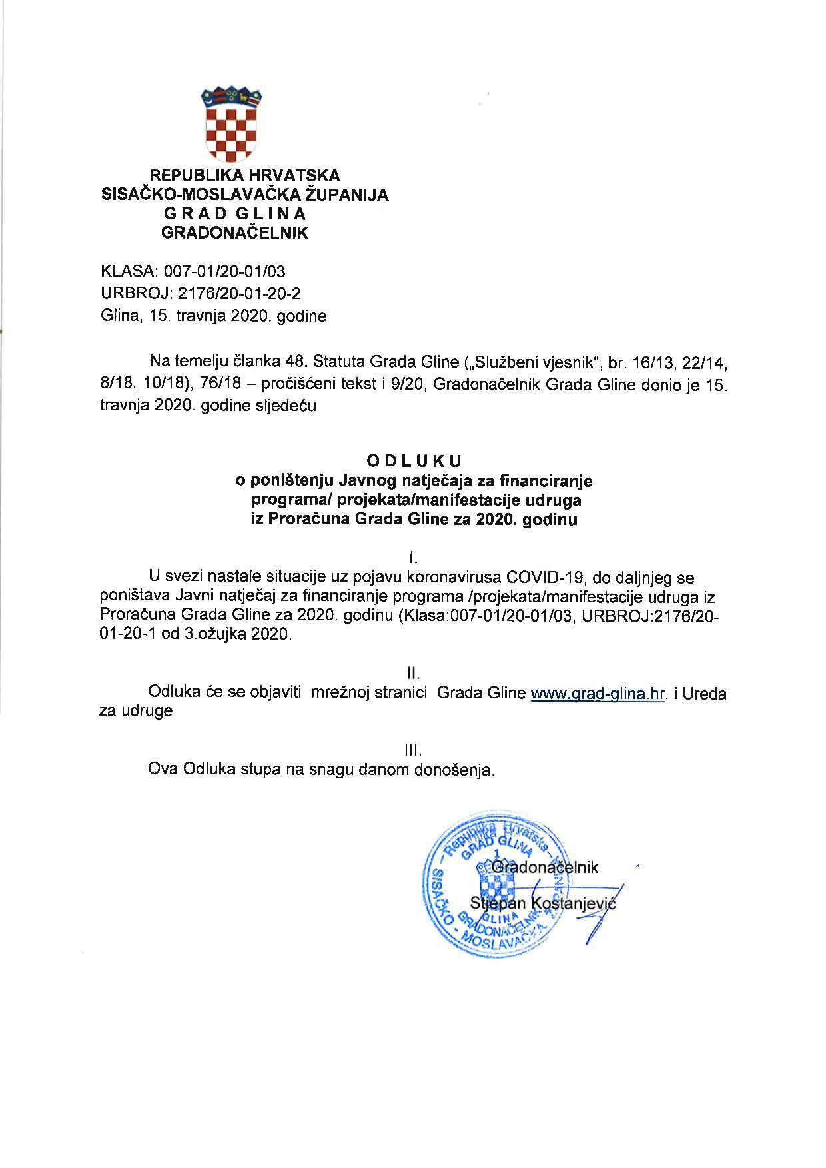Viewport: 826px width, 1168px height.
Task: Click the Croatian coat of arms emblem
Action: pyautogui.click(x=232, y=125)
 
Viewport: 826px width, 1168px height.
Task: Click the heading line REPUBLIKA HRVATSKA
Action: pyautogui.click(x=245, y=175)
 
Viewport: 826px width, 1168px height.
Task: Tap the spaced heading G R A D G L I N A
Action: pyautogui.click(x=235, y=214)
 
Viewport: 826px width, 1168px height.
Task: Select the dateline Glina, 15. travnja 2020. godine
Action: pyautogui.click(x=213, y=316)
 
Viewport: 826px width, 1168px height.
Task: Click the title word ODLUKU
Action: pyautogui.click(x=414, y=460)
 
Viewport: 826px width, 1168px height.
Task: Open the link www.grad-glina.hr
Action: pyautogui.click(x=598, y=694)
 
